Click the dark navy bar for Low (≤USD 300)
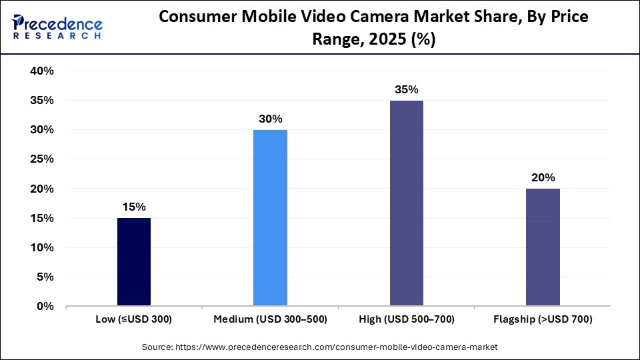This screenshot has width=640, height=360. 134,262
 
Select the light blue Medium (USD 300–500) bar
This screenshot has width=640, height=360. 270,218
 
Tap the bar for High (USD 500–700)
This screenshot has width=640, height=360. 406,203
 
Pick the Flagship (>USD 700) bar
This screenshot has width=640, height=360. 543,247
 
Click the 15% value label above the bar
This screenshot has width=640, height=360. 134,207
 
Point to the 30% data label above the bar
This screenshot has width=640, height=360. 270,119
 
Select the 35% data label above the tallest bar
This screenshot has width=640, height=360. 406,89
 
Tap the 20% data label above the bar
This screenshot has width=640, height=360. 543,177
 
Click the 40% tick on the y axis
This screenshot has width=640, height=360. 41,71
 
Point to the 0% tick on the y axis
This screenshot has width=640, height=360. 45,307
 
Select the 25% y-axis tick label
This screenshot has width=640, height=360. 41,159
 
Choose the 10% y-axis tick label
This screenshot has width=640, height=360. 41,248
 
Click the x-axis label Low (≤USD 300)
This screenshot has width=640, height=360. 134,320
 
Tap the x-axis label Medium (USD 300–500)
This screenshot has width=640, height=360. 270,320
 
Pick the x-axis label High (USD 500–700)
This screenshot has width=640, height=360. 406,320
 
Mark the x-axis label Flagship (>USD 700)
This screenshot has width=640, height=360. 543,320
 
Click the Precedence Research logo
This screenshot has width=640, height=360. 57,28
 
